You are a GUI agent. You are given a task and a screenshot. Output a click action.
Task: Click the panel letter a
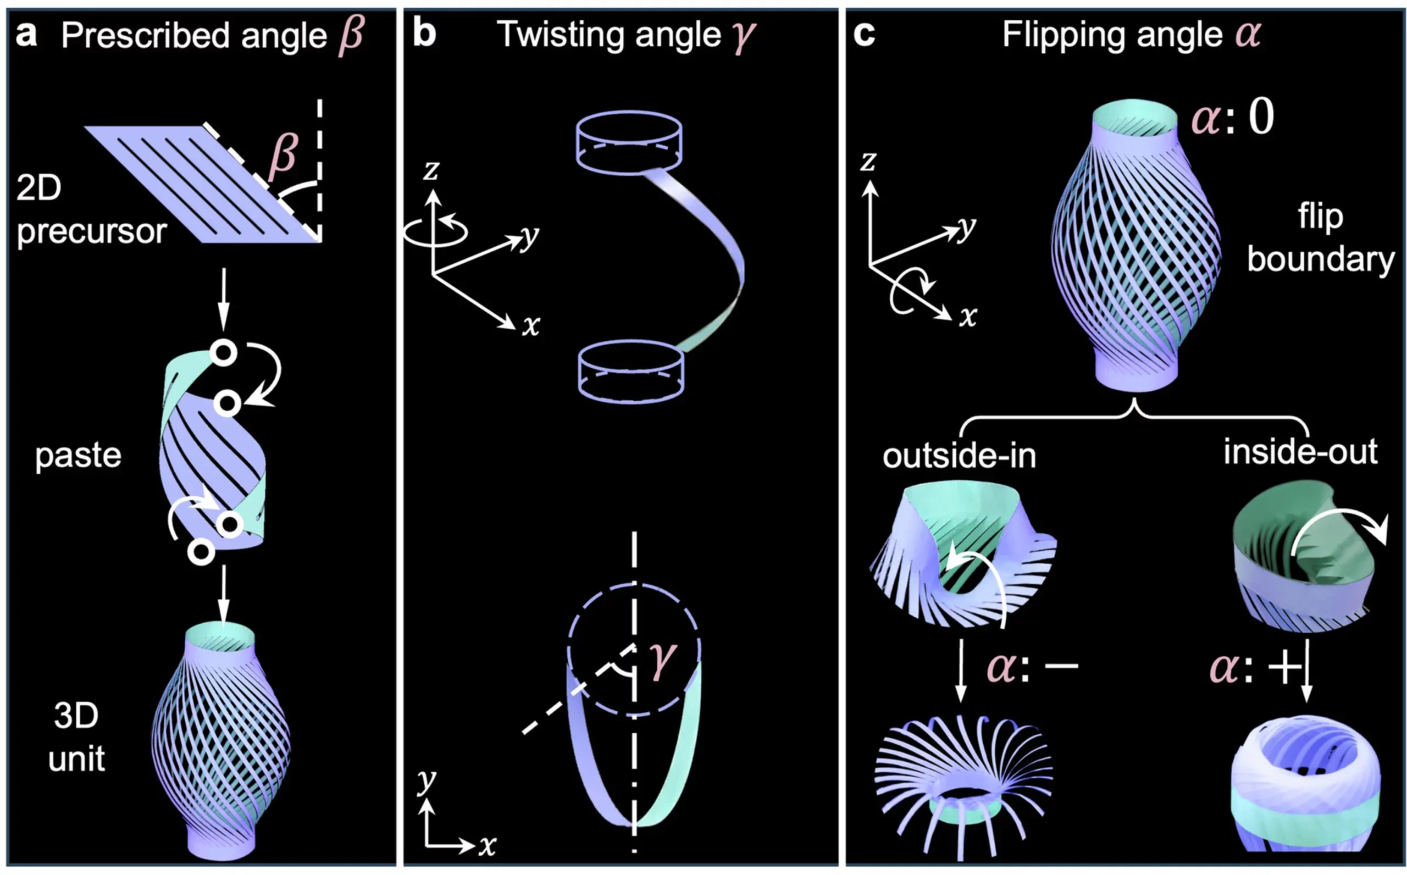(x=26, y=35)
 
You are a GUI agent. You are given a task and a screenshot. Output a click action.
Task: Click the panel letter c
(x=864, y=35)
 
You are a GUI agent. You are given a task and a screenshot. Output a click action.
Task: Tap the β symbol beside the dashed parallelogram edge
(x=283, y=153)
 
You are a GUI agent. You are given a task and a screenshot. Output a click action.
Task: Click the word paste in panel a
(x=78, y=456)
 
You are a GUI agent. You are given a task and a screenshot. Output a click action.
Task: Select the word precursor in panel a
(x=91, y=231)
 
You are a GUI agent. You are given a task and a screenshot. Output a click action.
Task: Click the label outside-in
(x=959, y=456)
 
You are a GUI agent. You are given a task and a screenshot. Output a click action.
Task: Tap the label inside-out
(x=1300, y=451)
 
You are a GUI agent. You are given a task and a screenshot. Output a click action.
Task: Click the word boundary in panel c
(x=1320, y=259)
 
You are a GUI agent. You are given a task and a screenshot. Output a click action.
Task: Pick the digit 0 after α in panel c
(x=1261, y=117)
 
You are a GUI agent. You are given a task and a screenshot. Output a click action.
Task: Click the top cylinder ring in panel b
(x=629, y=142)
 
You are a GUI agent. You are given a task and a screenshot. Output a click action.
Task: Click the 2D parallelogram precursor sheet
(x=202, y=184)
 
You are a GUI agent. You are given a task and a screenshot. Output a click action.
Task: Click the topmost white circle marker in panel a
(x=223, y=352)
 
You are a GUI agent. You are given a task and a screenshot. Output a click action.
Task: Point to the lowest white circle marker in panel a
(x=201, y=551)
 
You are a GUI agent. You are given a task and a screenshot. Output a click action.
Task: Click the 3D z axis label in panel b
(x=431, y=170)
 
